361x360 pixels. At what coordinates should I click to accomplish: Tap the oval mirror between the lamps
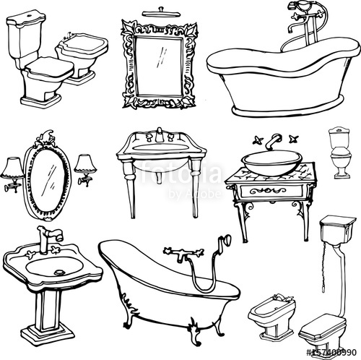[x=48, y=176]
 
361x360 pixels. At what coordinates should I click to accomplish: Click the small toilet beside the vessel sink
[x=339, y=153]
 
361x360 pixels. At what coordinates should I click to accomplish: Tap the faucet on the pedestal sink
[x=50, y=238]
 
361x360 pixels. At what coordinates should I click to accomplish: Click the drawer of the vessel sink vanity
[x=264, y=192]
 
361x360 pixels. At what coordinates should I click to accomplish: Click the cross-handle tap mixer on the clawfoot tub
[x=178, y=254]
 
